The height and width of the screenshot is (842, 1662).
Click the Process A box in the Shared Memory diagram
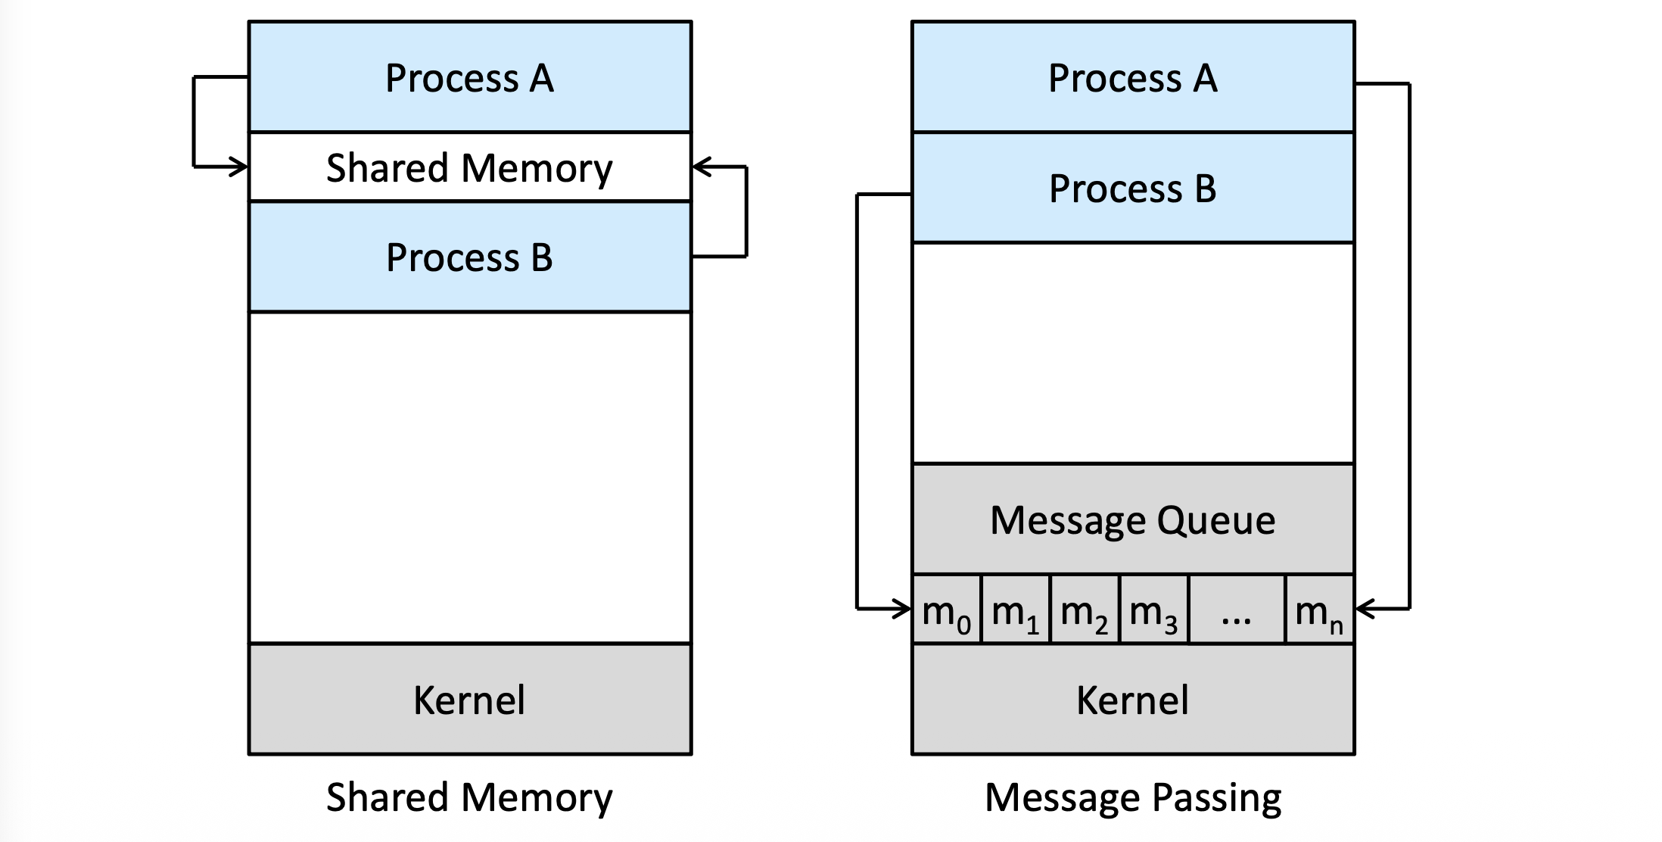(x=470, y=76)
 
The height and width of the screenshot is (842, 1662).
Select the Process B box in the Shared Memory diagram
(x=470, y=257)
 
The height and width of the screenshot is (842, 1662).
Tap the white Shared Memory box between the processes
(x=470, y=167)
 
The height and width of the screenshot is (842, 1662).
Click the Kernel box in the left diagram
(x=470, y=699)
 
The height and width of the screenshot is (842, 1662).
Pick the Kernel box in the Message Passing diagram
(x=1133, y=699)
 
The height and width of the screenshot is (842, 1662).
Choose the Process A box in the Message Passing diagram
(x=1133, y=76)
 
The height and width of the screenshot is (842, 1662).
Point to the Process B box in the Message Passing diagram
(x=1133, y=188)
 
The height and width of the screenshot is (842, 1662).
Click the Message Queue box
(x=1133, y=519)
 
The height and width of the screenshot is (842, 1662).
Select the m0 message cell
(x=947, y=609)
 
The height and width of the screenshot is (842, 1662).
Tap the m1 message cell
(x=1016, y=609)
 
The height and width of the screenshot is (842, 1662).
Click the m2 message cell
(x=1085, y=609)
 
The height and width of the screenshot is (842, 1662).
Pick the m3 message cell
(x=1154, y=609)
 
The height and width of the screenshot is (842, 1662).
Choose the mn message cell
(x=1320, y=609)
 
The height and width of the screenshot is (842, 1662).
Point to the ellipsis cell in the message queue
(x=1237, y=609)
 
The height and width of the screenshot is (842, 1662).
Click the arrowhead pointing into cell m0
(x=903, y=608)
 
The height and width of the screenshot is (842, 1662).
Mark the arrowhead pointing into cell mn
(x=1365, y=608)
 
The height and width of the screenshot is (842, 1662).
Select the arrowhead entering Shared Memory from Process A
(x=240, y=167)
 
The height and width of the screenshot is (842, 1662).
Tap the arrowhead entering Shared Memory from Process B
(x=702, y=167)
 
